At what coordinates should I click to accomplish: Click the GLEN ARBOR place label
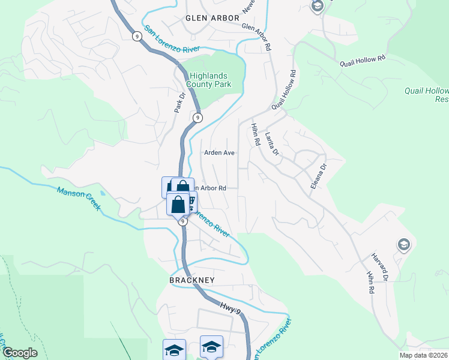pos(212,18)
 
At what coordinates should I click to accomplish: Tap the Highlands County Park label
pos(210,80)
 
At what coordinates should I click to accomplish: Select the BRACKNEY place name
pos(191,280)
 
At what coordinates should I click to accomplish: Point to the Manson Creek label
pos(79,199)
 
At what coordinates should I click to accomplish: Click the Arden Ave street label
pos(219,153)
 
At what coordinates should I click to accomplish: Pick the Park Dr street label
pos(178,102)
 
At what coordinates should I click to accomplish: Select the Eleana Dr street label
pos(318,176)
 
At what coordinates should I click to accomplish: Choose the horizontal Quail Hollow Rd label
pos(363,62)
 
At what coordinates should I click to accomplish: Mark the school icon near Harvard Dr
pos(404,244)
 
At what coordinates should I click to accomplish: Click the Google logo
pos(20,353)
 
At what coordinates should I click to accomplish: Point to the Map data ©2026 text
pos(423,355)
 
